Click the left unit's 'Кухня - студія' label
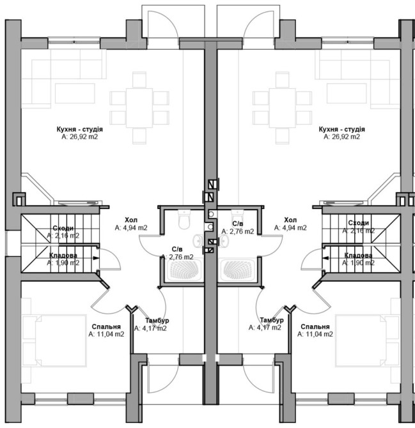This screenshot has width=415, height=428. pos(80,129)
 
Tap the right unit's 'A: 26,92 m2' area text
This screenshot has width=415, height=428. pos(341,137)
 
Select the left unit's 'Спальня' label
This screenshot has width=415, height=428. pos(106,326)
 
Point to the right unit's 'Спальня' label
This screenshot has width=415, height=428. pos(315,326)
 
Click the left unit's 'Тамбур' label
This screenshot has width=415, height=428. pos(157,321)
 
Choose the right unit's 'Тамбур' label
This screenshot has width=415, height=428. pos(272,320)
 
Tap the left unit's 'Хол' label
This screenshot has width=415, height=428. pos(131,220)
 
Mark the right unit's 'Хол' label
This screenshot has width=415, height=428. pos(290,220)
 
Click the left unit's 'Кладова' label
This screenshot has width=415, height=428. pos(63,256)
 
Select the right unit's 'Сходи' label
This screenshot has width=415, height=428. pos(359,223)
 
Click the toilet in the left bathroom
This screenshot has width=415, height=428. pos(184,219)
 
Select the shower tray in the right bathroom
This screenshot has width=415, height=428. pos(237,270)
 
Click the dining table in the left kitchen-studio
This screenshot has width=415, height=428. pos(139,108)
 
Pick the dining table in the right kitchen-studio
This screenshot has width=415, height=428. pos(282,108)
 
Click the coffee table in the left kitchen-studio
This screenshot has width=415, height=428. pos(75,93)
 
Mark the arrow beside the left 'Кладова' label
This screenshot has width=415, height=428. pos(95,258)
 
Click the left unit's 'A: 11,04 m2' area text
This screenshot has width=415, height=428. pos(106,334)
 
